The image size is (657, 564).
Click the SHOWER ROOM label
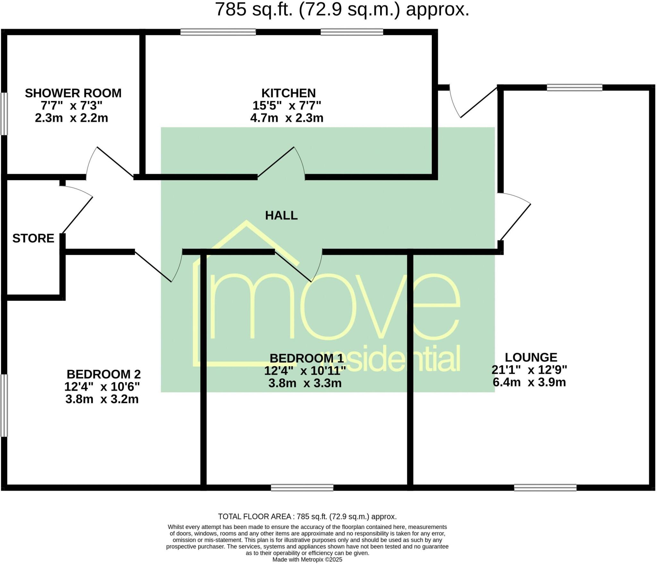point(73,93)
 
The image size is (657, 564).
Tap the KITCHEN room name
point(288,93)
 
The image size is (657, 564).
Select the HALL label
point(281,215)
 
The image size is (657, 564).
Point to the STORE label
point(33,239)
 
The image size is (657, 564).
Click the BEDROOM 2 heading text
point(104,374)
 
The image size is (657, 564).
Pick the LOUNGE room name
point(531,357)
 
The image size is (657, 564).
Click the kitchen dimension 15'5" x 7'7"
point(286,105)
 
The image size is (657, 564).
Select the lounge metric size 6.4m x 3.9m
point(529,382)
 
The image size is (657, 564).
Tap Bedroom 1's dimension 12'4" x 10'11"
point(305,371)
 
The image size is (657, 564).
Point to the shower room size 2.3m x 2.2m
point(71,118)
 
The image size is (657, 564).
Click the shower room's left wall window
point(4,114)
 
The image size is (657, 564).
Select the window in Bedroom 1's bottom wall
point(302,488)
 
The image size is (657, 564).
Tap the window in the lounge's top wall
point(574,87)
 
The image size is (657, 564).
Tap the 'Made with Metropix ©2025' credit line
point(307,560)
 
